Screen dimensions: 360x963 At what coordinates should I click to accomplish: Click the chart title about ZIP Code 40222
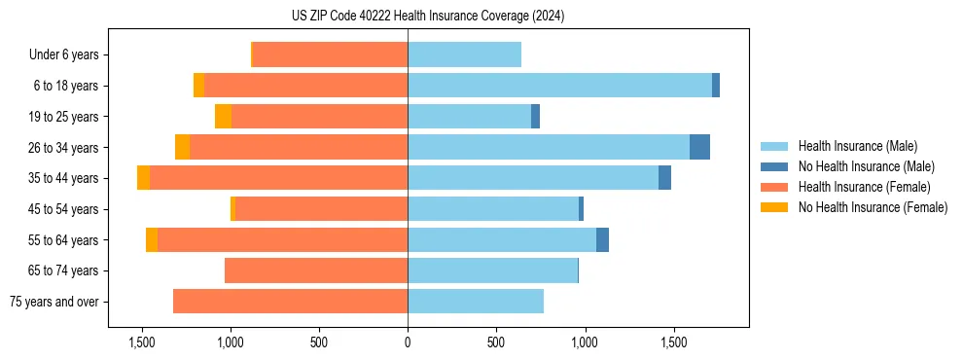coord(427,17)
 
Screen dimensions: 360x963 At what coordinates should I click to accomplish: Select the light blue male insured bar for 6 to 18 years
coord(559,86)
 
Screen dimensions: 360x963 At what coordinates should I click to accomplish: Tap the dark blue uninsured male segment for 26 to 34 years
coord(699,147)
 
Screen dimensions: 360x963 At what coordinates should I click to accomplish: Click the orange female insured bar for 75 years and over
coord(290,302)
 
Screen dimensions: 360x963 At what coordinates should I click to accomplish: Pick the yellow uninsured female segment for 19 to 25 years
coord(223,117)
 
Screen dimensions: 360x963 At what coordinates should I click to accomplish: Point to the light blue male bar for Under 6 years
coord(464,54)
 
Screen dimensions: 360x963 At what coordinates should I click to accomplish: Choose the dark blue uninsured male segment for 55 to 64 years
coord(602,239)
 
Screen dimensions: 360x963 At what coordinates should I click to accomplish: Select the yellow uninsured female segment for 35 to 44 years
coord(143,178)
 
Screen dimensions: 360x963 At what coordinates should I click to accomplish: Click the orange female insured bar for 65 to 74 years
coord(316,270)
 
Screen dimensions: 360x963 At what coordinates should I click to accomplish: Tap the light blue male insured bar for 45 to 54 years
coord(493,209)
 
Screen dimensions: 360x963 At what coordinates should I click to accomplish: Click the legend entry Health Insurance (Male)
coord(857,146)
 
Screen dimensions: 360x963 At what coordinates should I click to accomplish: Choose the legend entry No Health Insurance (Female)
coord(873,207)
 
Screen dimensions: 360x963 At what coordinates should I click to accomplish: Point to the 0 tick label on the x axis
coord(408,343)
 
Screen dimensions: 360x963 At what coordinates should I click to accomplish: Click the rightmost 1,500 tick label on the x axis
coord(674,343)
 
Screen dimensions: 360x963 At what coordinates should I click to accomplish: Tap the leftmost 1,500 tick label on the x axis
coord(142,343)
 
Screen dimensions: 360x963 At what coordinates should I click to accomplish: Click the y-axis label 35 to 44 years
coord(63,178)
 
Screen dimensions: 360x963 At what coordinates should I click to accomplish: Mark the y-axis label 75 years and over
coord(54,302)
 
